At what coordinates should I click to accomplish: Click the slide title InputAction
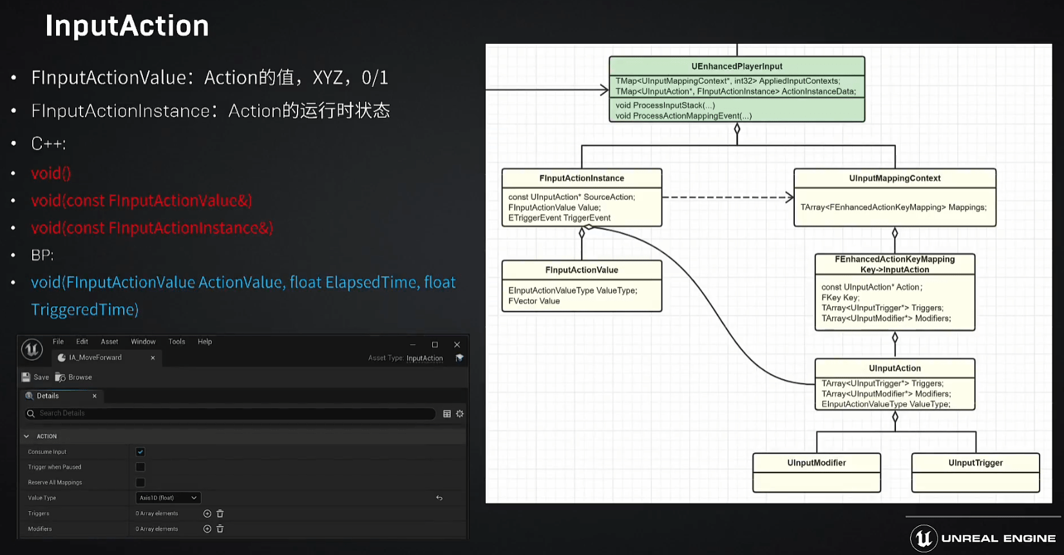(127, 26)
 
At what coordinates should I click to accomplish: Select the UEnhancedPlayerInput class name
(737, 66)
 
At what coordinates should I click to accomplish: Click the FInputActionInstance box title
(582, 179)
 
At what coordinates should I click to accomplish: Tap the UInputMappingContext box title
(895, 179)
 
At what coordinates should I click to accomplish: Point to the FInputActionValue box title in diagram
(582, 270)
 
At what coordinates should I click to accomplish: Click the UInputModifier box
(817, 472)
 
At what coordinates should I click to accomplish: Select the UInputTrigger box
(975, 472)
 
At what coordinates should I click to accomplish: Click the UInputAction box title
(895, 368)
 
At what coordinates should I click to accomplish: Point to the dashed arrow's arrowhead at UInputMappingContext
(790, 197)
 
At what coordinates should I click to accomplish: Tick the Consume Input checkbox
(140, 452)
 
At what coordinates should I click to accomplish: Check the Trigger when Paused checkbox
(140, 467)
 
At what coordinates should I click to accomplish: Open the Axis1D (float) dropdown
(168, 498)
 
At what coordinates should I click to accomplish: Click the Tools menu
(176, 342)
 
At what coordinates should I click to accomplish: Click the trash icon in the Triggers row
(220, 514)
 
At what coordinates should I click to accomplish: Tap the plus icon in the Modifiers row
(207, 529)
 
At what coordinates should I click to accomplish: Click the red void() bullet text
(51, 173)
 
